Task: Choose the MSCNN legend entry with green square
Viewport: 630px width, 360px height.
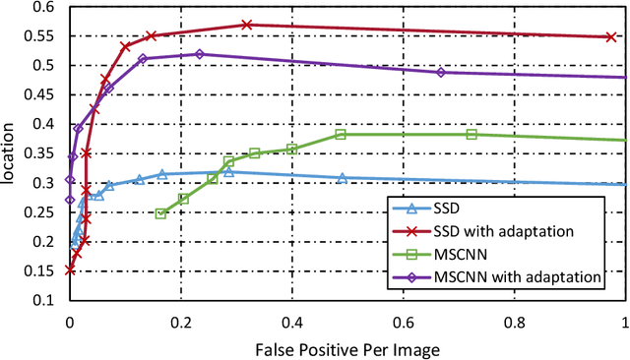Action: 468,256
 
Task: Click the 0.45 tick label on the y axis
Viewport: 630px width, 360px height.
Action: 44,95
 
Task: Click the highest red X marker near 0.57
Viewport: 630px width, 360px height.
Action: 246,24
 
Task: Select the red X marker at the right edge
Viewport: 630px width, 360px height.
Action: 610,36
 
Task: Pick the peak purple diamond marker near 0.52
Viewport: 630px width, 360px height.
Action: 200,54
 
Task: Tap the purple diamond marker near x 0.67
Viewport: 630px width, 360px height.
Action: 441,73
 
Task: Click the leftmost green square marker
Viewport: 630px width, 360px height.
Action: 160,212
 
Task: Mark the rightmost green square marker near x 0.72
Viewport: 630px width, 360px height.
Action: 472,135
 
